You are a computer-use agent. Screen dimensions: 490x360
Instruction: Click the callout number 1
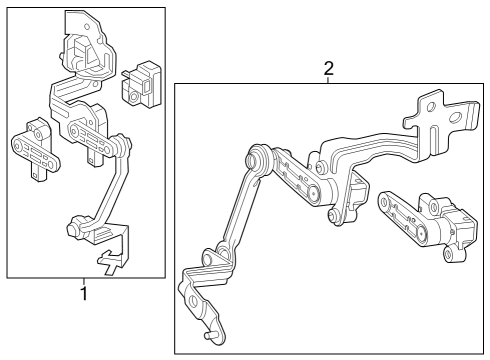85,293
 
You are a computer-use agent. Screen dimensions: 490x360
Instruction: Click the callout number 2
328,68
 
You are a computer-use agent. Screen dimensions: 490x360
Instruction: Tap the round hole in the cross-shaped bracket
431,107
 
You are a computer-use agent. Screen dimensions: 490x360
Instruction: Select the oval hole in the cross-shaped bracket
455,118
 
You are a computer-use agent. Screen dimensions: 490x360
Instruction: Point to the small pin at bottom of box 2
208,336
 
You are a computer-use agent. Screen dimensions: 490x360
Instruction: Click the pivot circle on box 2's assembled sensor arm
314,193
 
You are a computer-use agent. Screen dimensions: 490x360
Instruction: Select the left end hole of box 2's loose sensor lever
384,202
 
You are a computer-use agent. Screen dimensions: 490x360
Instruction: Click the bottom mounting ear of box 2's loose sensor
451,255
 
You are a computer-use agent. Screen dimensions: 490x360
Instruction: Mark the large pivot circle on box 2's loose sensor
422,234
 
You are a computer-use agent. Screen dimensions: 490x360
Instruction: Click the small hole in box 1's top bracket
87,26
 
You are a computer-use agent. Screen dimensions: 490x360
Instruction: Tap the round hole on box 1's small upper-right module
134,97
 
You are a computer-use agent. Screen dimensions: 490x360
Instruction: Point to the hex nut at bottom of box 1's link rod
73,229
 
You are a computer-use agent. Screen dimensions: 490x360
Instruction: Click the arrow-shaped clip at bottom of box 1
109,261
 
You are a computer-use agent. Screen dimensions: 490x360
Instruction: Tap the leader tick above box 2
328,80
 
